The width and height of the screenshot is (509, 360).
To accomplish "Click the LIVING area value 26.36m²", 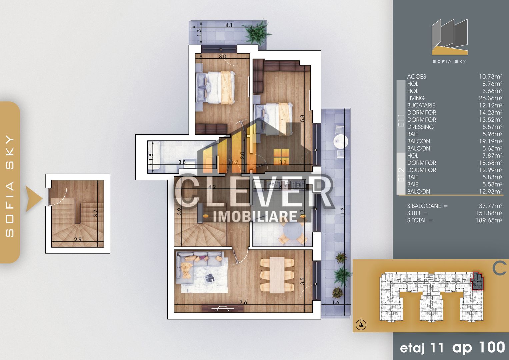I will [490, 98].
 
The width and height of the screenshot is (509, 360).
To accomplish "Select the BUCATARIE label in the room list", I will [421, 105].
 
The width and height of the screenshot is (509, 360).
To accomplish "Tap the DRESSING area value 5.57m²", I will [492, 127].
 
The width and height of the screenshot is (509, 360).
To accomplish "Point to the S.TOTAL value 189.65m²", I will [489, 220].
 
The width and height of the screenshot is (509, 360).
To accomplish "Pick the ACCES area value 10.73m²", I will [490, 77].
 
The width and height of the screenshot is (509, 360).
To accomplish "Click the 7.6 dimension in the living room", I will [243, 302].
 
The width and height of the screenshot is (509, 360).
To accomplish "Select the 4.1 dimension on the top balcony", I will [229, 25].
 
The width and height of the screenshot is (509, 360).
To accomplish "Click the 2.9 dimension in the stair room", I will [78, 239].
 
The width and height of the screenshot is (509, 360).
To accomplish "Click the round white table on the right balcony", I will [341, 141].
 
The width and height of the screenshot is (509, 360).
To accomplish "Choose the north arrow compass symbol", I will [361, 324].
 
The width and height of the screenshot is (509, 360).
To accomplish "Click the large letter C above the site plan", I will [500, 268].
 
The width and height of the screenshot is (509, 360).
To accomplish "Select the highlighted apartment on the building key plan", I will [477, 281].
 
